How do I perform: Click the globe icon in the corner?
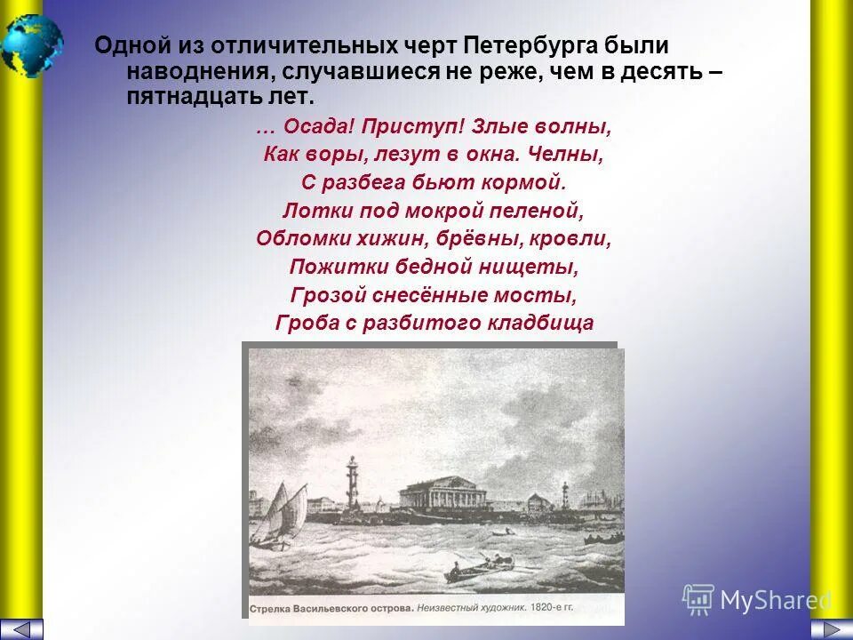pos(32,45)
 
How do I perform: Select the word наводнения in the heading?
pos(185,72)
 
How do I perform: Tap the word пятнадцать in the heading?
pos(181,97)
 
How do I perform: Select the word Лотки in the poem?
pos(311,212)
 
